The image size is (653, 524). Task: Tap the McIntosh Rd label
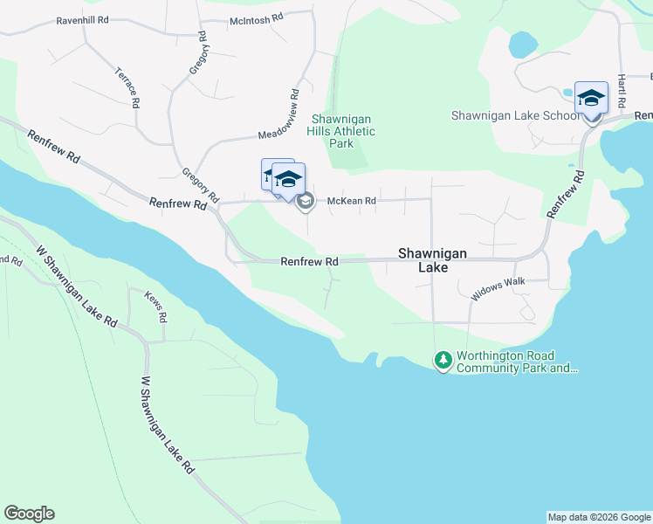[257, 17]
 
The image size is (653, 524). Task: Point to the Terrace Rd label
[127, 86]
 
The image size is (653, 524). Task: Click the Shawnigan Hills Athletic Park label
[342, 131]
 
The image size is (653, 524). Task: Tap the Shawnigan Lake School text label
[515, 115]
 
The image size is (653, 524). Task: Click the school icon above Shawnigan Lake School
[591, 98]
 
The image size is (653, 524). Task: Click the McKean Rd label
[351, 201]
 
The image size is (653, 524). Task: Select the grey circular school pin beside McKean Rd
[305, 203]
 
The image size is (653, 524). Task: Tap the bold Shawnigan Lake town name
[432, 260]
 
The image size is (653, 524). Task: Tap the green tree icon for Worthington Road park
[443, 360]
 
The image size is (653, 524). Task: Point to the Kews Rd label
[156, 306]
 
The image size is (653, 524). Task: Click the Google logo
[29, 514]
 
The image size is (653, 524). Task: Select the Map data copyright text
[599, 517]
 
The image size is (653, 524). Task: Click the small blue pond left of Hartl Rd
[522, 43]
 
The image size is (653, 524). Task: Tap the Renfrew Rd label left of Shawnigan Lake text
[309, 262]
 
